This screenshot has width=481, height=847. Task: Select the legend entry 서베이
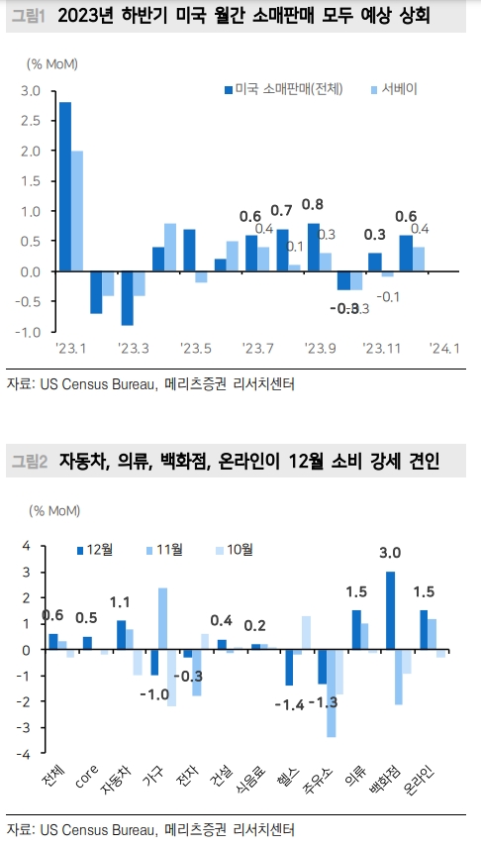pyautogui.click(x=390, y=89)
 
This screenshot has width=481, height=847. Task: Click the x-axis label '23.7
pyautogui.click(x=256, y=348)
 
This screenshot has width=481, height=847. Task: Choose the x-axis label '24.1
pyautogui.click(x=444, y=348)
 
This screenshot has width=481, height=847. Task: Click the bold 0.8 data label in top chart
pyautogui.click(x=312, y=205)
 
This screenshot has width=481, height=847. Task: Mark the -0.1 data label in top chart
pyautogui.click(x=388, y=296)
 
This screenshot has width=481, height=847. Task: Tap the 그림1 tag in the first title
pyautogui.click(x=28, y=17)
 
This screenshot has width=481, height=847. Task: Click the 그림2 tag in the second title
pyautogui.click(x=29, y=462)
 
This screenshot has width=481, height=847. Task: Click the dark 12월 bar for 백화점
pyautogui.click(x=391, y=610)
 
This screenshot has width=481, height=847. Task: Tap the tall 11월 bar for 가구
pyautogui.click(x=162, y=619)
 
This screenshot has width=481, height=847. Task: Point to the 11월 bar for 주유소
pyautogui.click(x=331, y=693)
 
